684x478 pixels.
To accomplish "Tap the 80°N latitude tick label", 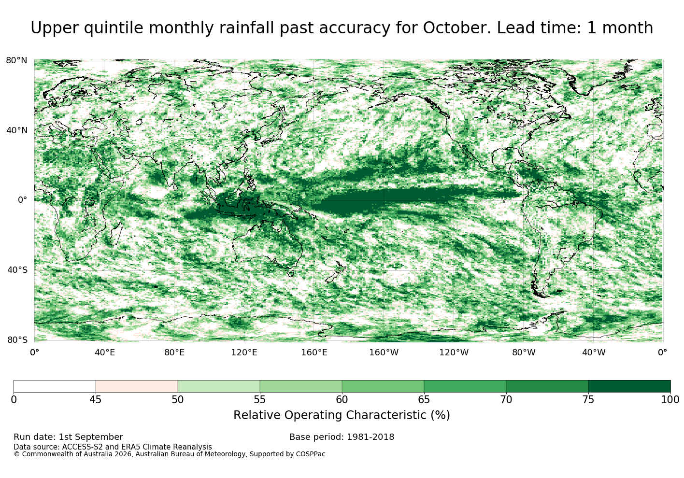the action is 16,60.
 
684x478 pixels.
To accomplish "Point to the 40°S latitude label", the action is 17,270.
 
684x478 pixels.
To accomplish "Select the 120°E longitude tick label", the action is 244,352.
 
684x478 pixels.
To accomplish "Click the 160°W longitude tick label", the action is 384,352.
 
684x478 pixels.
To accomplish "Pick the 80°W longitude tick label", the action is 524,352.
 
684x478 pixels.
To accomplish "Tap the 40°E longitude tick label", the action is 105,352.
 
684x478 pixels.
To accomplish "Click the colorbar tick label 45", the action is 96,400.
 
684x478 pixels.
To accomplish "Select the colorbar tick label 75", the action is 588,400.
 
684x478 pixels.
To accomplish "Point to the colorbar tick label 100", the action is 670,400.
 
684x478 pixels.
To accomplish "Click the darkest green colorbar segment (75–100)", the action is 629,386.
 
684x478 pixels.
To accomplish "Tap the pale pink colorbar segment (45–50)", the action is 137,386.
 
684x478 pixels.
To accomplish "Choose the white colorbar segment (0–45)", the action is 55,386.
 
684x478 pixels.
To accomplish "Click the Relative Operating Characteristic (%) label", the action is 342,415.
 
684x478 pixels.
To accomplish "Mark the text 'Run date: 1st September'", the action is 69,437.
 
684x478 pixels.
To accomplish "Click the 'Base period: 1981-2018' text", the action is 342,437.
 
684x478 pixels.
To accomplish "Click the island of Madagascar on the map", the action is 116,234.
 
